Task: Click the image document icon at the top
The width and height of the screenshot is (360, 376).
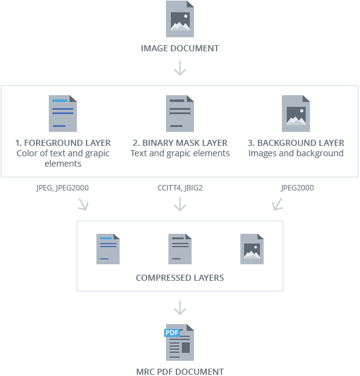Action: (180, 19)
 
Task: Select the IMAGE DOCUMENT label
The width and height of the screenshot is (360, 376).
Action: (180, 48)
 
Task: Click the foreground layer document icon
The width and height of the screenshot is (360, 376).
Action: (63, 114)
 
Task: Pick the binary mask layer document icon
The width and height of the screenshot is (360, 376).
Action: (180, 114)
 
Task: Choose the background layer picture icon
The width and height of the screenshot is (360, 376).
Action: (296, 114)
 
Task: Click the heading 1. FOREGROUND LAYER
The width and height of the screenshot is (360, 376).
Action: (63, 143)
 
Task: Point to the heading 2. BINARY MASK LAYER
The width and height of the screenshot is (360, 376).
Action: (180, 143)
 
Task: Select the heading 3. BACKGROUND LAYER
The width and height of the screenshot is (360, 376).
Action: (296, 143)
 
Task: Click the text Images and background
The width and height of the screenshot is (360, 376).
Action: (296, 153)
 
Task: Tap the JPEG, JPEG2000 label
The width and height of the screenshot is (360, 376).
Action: (62, 188)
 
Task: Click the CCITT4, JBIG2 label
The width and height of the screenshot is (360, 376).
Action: (180, 188)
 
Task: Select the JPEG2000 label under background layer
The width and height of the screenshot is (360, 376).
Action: (297, 188)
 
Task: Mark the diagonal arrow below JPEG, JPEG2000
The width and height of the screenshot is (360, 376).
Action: (82, 204)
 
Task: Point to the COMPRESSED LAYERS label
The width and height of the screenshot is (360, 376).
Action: (180, 278)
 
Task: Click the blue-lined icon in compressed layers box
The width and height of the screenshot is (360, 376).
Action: (108, 248)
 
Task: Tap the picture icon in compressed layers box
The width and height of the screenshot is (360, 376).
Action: (252, 248)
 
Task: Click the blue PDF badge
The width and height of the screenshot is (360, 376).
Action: (171, 333)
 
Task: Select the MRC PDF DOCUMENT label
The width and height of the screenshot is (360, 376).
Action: (180, 371)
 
